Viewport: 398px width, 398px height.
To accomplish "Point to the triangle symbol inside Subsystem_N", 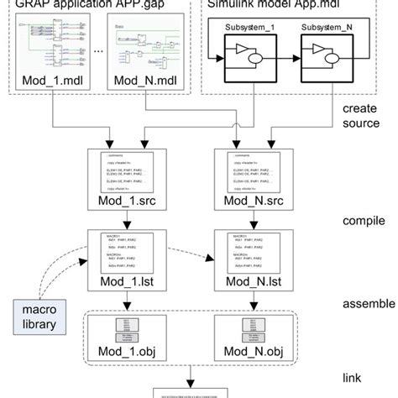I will tap(317, 61).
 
